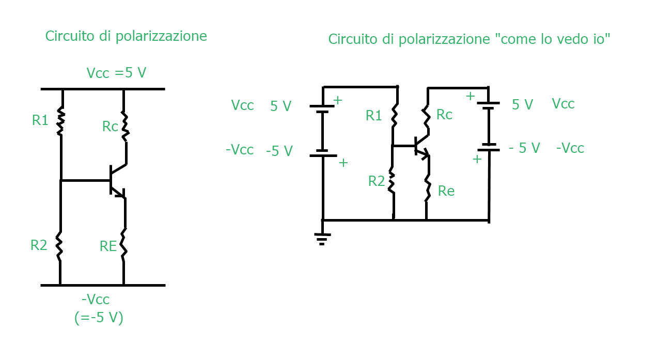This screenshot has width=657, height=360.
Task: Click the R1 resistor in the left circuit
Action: [x=61, y=121]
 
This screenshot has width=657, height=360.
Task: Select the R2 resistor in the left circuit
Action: [x=59, y=246]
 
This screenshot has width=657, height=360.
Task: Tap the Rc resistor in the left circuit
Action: [x=125, y=127]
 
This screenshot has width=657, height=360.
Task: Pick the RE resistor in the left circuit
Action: [x=123, y=245]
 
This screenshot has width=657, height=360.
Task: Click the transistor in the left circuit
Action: [x=118, y=181]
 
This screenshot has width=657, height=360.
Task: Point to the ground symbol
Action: [x=322, y=239]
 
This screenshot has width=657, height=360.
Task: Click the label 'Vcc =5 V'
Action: [x=116, y=73]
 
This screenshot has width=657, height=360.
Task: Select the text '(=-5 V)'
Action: [x=99, y=318]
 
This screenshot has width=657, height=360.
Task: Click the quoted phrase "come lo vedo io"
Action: [x=552, y=39]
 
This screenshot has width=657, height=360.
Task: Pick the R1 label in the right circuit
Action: [x=373, y=116]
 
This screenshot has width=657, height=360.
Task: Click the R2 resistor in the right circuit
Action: [x=392, y=180]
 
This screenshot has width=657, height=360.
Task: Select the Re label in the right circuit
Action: [x=446, y=191]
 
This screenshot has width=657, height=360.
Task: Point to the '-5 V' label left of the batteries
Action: [x=279, y=151]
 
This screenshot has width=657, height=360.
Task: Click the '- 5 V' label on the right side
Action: [x=524, y=148]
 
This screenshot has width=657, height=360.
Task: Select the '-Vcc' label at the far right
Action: [x=570, y=148]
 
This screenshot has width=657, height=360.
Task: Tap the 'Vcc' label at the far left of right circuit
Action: [x=242, y=105]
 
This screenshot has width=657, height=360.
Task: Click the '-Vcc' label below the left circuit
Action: [x=96, y=300]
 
